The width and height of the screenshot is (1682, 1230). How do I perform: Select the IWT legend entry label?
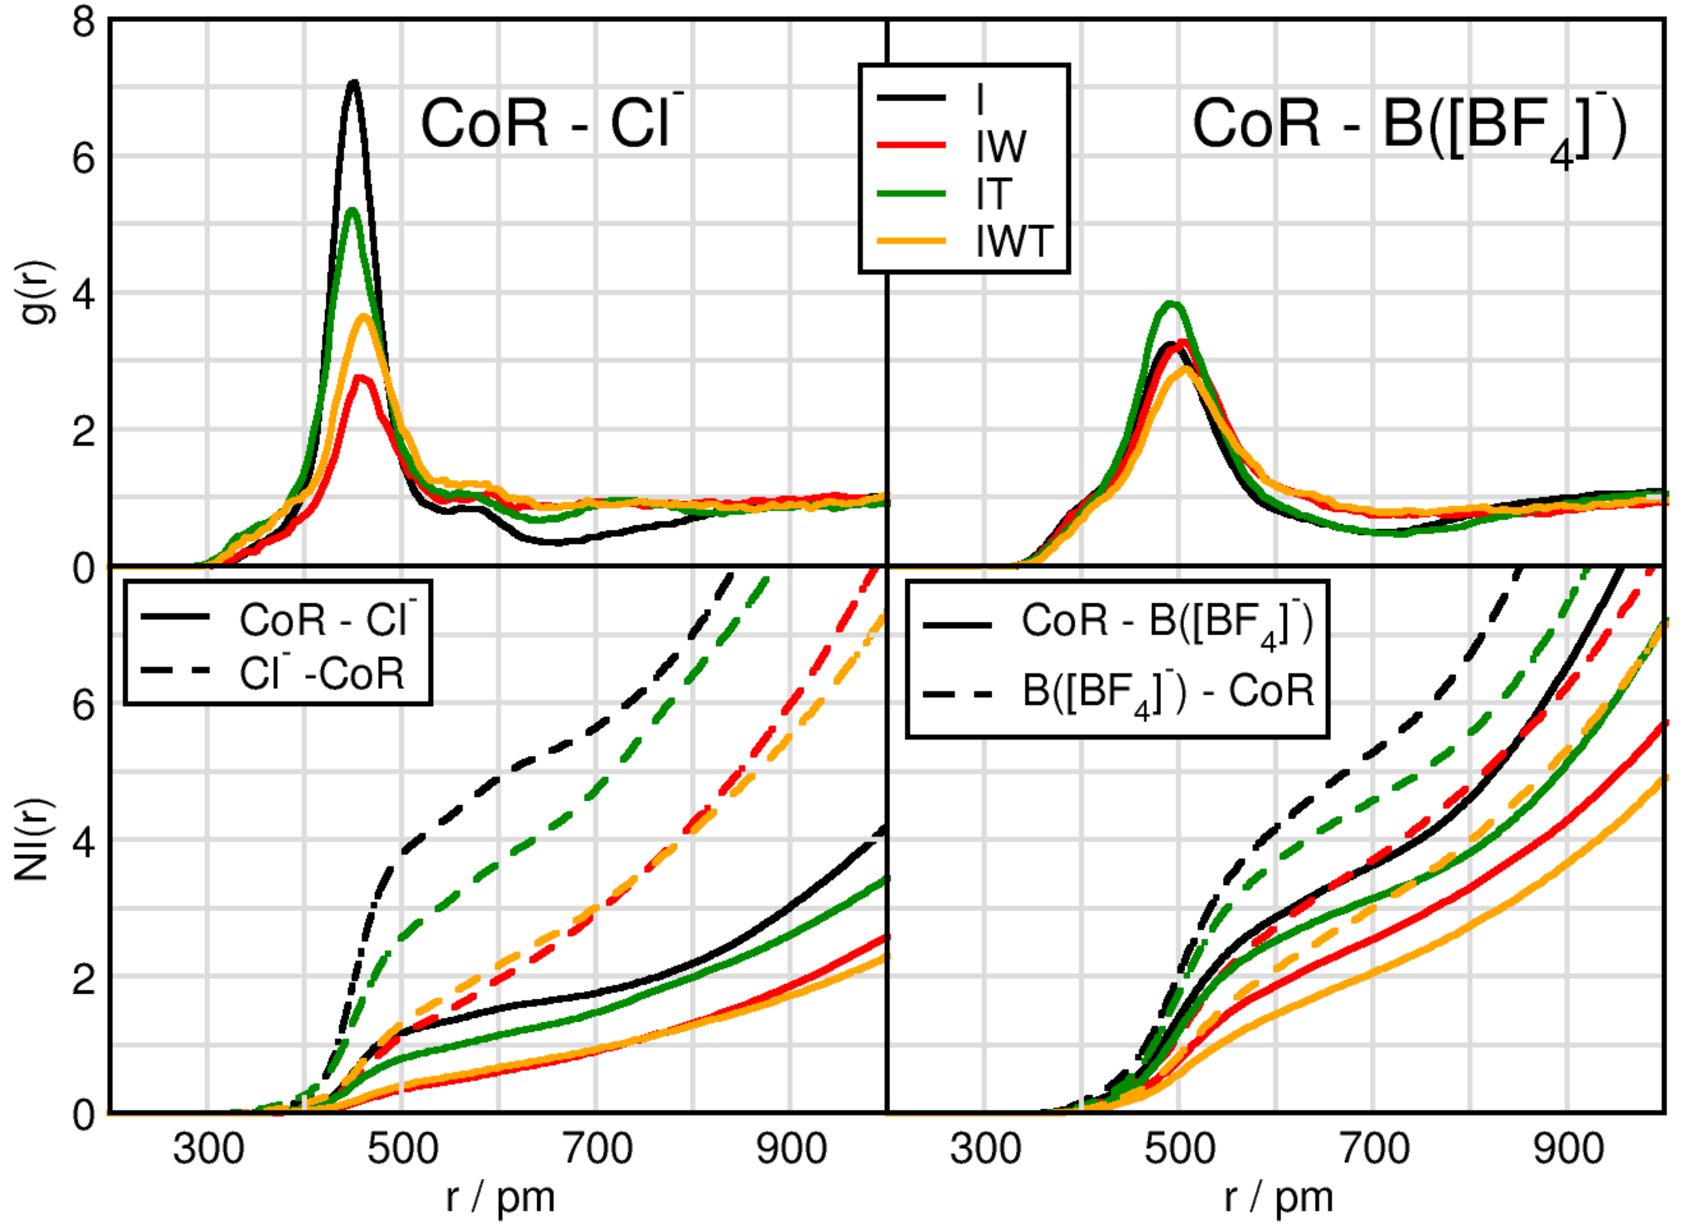tap(1014, 241)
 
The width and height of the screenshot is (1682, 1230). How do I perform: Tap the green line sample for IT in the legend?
tap(912, 194)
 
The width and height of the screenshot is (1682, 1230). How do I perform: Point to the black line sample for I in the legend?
tap(912, 98)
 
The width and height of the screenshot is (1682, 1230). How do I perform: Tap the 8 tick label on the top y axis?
tap(84, 23)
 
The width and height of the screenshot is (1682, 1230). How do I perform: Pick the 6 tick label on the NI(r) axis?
tap(84, 704)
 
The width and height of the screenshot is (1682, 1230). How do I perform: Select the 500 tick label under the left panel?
tap(402, 1149)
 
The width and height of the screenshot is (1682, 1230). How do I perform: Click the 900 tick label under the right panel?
tap(1568, 1149)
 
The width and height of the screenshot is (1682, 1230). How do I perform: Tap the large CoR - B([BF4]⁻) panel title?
tap(1408, 126)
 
